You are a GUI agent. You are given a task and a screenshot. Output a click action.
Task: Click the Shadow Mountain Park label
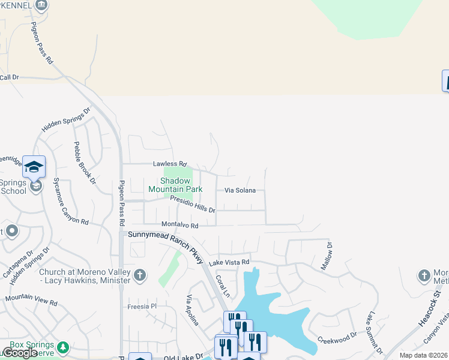click(175, 185)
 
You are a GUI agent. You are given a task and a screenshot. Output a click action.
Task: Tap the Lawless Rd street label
click(170, 163)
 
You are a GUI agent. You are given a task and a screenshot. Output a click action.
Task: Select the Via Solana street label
click(240, 190)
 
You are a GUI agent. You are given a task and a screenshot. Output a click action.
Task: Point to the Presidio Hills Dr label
click(192, 204)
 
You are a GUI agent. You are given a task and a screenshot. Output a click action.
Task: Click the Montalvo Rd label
click(180, 225)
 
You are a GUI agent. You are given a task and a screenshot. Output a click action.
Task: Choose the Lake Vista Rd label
click(229, 262)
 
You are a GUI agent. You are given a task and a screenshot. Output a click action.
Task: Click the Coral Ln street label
click(223, 286)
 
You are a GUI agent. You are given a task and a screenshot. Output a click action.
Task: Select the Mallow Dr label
click(329, 256)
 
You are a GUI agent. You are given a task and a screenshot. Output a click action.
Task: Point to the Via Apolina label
click(193, 310)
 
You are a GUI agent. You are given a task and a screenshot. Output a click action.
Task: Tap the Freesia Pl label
click(142, 306)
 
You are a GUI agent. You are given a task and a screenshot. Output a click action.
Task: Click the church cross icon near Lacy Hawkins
click(139, 275)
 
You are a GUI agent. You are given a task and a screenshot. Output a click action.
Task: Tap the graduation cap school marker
click(34, 166)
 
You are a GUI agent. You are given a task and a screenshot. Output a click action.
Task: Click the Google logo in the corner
click(19, 353)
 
